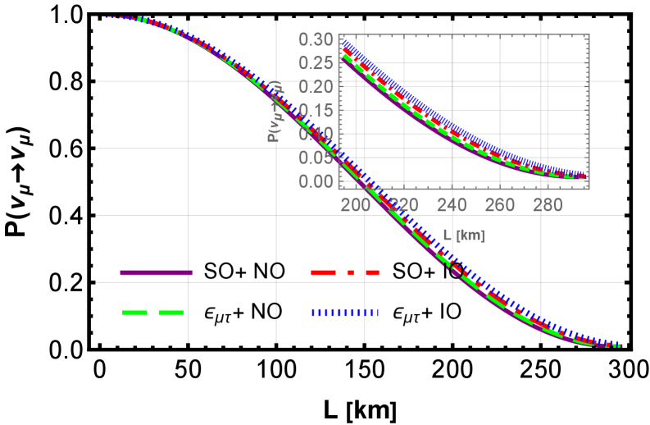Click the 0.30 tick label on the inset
[x=316, y=39]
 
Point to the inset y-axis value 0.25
[x=316, y=63]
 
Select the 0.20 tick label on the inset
[x=316, y=86]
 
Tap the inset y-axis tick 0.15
[x=316, y=110]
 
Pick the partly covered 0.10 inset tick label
[x=316, y=134]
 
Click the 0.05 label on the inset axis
[x=316, y=157]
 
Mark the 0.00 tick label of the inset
[x=316, y=181]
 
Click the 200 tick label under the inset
[x=356, y=205]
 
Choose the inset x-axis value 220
[x=404, y=205]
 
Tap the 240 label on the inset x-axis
[x=452, y=205]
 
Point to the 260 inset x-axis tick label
[x=500, y=205]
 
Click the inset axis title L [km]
[x=463, y=235]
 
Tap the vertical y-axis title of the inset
[x=276, y=111]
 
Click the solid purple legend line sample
[x=156, y=272]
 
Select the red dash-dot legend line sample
[x=345, y=272]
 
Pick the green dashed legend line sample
[x=153, y=313]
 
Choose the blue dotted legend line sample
[x=345, y=313]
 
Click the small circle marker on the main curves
[x=456, y=270]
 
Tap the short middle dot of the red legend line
[x=351, y=272]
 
